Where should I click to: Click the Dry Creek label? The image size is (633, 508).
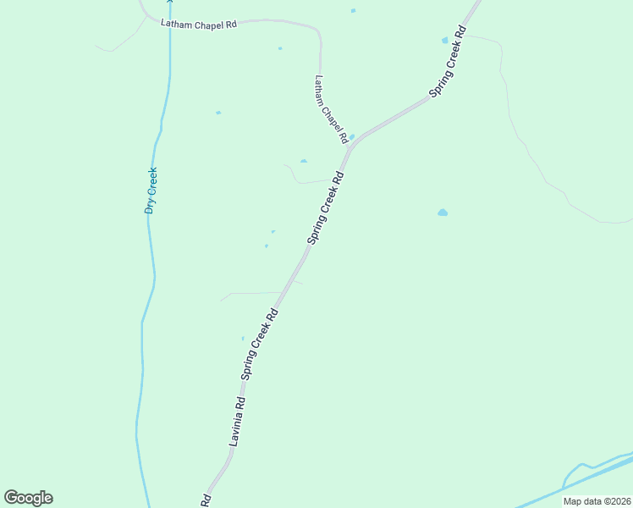pos(151,190)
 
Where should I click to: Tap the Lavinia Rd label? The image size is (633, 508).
pos(237,422)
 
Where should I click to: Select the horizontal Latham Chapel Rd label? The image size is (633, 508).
pos(199,24)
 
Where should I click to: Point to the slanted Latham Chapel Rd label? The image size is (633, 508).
pos(331,108)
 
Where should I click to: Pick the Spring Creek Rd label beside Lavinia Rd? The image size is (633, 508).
pos(260,342)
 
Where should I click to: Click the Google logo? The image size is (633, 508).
pos(29,498)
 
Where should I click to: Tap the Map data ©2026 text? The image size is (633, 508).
pos(597,501)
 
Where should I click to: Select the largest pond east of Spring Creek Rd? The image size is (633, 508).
pos(443,213)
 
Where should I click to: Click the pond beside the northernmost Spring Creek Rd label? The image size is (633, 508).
pos(444,40)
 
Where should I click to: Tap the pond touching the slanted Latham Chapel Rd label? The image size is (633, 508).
pos(352,136)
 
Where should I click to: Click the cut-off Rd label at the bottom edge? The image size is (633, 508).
pos(205,500)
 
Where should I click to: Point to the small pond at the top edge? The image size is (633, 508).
pos(353,11)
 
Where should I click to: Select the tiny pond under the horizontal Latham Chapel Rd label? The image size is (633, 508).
pos(280,48)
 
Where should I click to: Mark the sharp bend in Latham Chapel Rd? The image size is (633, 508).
pos(318,34)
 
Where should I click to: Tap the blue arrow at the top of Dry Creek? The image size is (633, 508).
pos(169,3)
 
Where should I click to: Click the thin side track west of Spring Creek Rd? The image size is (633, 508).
pos(250,293)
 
